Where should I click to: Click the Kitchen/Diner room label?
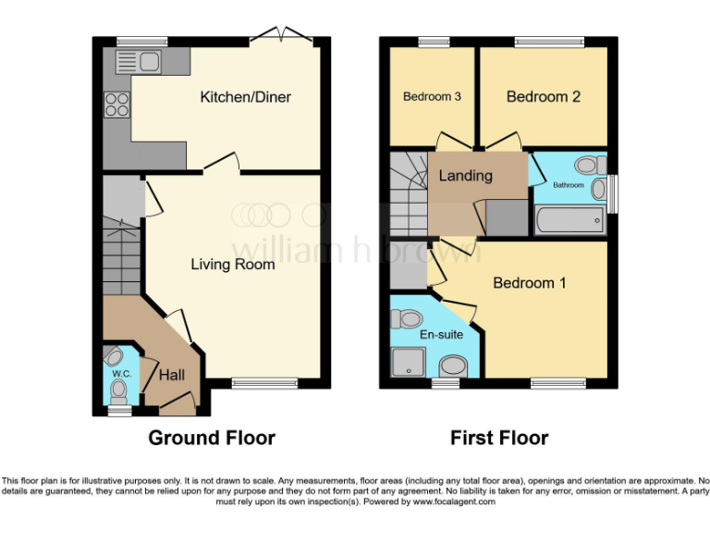(x=246, y=97)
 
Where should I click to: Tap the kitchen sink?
(x=137, y=62)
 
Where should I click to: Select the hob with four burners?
(x=117, y=105)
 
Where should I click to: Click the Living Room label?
(x=233, y=265)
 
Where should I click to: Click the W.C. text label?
(x=121, y=374)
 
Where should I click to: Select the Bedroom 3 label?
(x=432, y=97)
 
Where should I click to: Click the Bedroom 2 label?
(x=544, y=97)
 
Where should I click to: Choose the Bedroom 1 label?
(x=529, y=283)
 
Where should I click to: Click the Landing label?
(x=465, y=176)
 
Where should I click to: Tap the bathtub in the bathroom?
(x=570, y=220)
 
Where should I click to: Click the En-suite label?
(x=441, y=334)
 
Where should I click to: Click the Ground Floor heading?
(x=212, y=438)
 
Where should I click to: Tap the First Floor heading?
(x=499, y=438)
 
